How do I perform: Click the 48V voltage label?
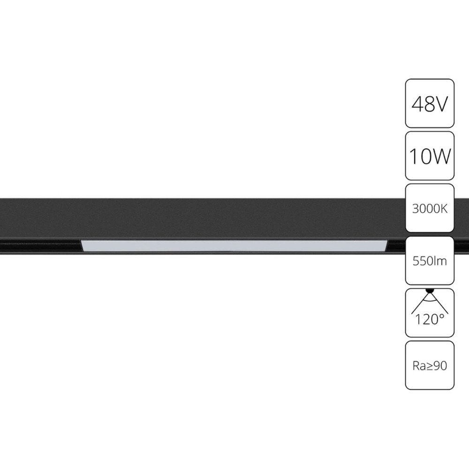tap(430, 104)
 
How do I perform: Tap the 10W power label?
tap(430, 156)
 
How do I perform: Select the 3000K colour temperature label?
tap(430, 209)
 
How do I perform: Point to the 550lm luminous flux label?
tap(430, 261)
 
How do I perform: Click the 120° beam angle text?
tap(430, 320)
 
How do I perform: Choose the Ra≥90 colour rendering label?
tap(430, 366)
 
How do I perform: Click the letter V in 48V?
tap(440, 104)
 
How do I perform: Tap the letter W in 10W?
tap(441, 156)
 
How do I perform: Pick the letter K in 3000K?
tap(444, 209)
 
